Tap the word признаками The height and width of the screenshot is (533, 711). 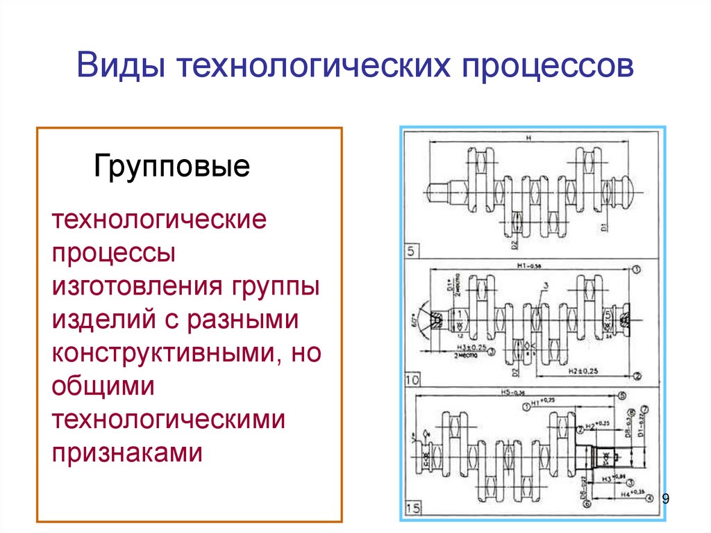[127, 453]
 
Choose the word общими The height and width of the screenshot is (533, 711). [101, 386]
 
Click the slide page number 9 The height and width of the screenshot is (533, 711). [666, 498]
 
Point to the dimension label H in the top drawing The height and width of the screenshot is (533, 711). [528, 139]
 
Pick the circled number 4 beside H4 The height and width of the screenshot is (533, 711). [649, 498]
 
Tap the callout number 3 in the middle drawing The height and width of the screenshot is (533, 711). [546, 286]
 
